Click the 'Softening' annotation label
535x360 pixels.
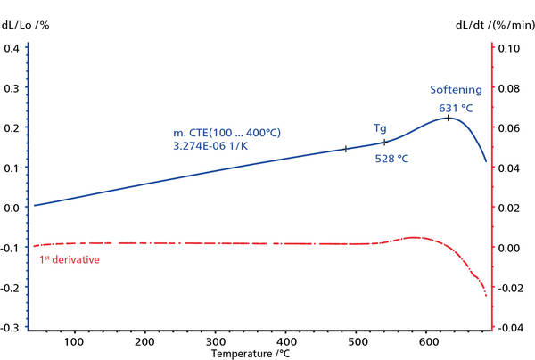pyautogui.click(x=456, y=90)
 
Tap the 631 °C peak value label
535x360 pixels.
pyautogui.click(x=455, y=108)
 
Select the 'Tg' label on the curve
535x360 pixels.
pyautogui.click(x=380, y=128)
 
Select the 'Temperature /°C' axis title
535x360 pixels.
pyautogui.click(x=251, y=354)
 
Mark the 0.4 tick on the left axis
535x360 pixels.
pyautogui.click(x=12, y=47)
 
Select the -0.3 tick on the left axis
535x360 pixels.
pyautogui.click(x=11, y=328)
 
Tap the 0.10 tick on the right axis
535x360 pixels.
pyautogui.click(x=510, y=47)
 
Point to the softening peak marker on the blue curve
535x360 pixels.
pyautogui.click(x=449, y=118)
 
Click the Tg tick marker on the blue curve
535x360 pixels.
pyautogui.click(x=384, y=142)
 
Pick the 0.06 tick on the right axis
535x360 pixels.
pyautogui.click(x=510, y=127)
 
